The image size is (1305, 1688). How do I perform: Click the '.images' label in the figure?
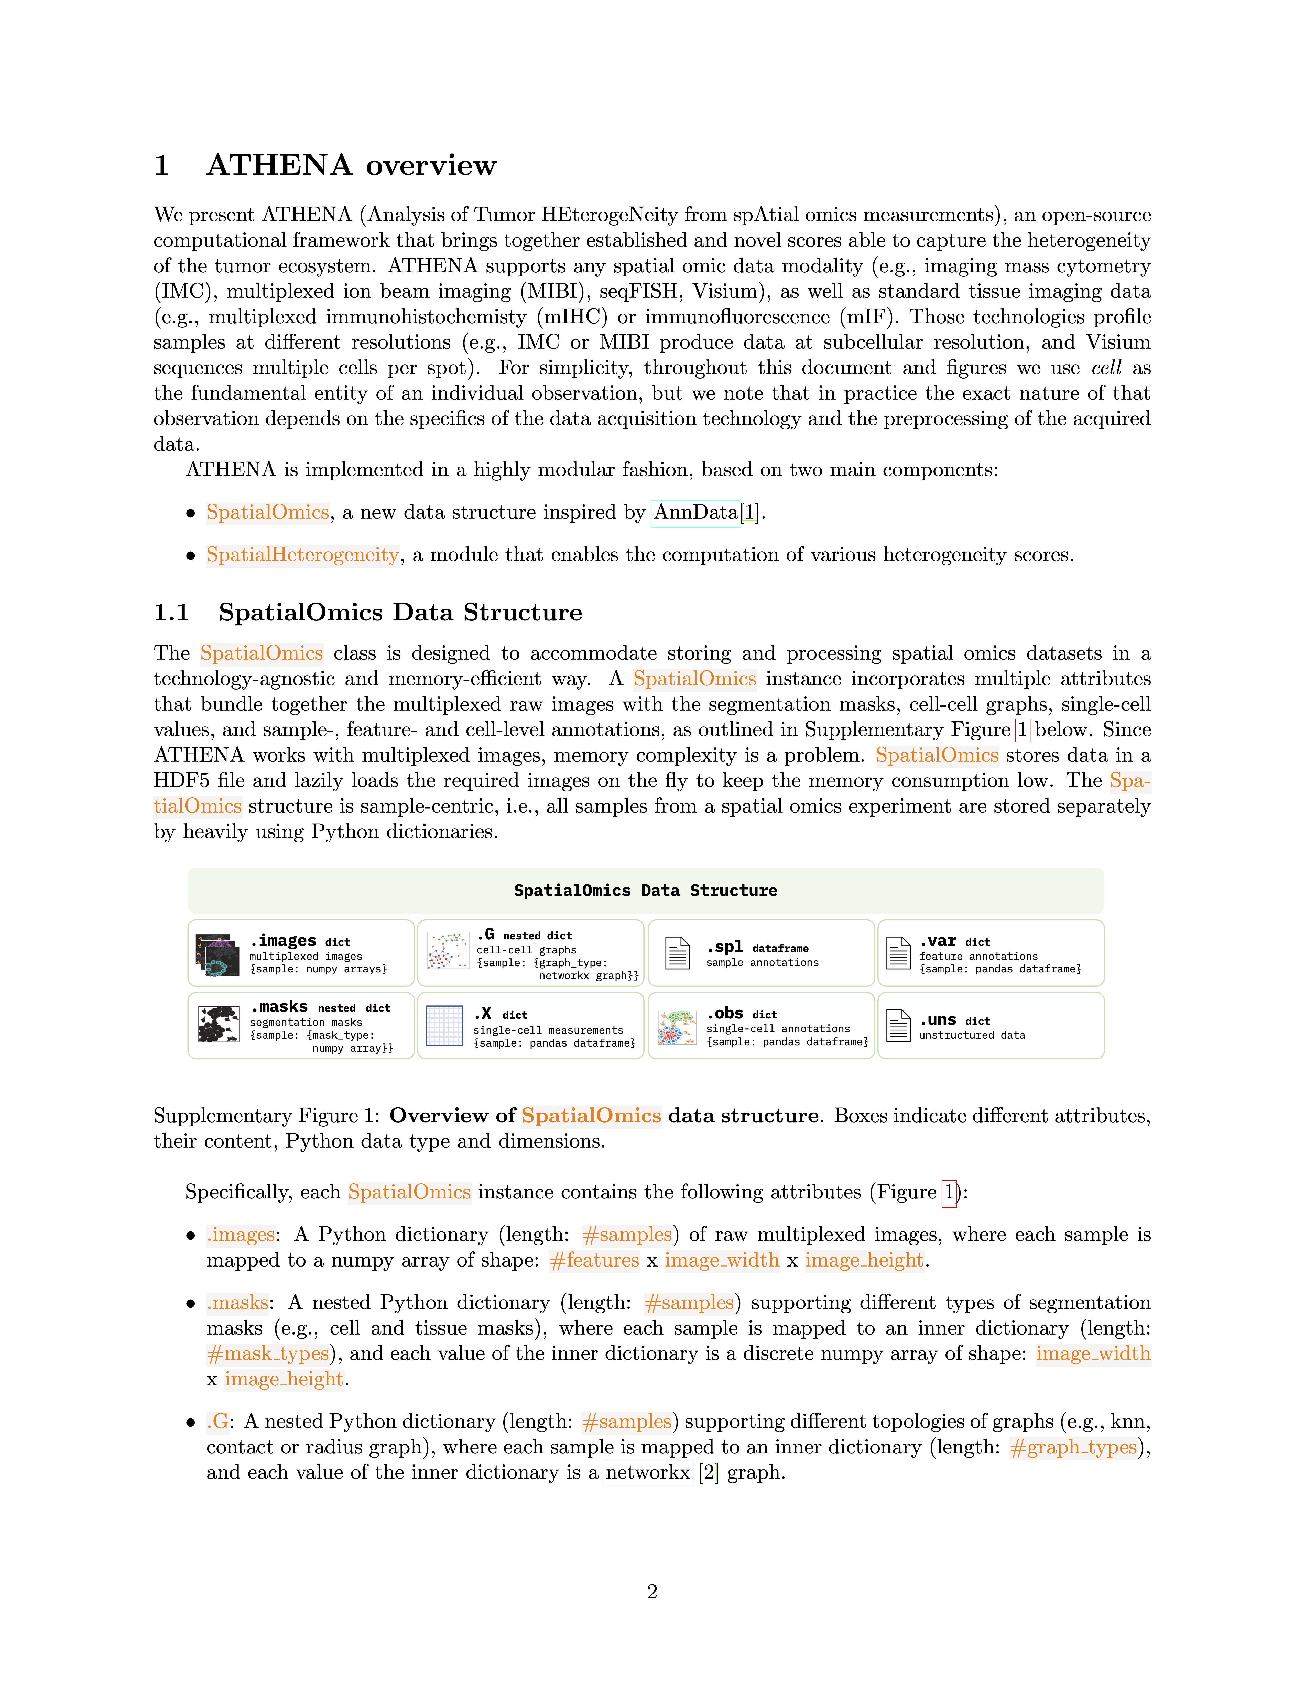tap(283, 941)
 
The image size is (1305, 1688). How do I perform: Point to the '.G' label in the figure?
tap(486, 935)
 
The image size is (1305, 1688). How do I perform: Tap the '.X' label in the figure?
tap(483, 1013)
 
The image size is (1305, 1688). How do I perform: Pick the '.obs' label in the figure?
tap(725, 1013)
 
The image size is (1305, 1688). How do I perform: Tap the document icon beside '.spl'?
tap(678, 953)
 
